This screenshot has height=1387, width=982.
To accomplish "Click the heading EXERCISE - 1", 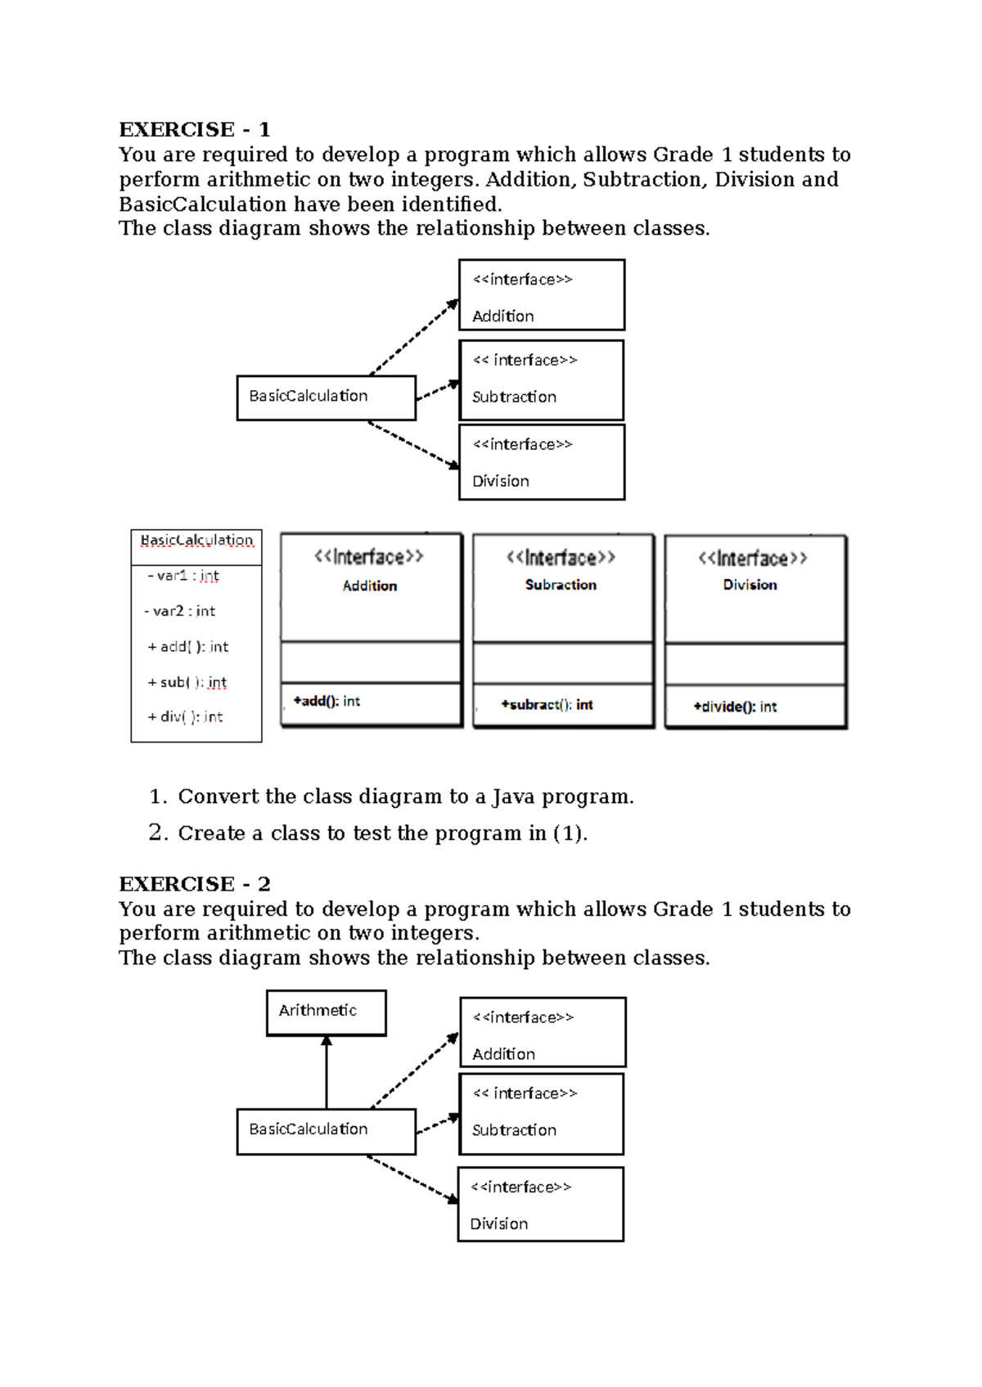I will [x=194, y=130].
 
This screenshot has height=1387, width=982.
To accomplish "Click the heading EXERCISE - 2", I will [x=194, y=884].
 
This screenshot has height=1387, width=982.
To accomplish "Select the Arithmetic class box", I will [x=326, y=1012].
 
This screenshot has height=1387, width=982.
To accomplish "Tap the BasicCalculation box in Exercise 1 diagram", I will [x=326, y=397].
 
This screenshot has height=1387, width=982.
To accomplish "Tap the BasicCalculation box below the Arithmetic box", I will [x=326, y=1130].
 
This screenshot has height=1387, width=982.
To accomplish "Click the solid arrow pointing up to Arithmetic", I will [x=327, y=1071].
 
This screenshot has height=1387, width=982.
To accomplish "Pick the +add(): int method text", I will [x=327, y=702].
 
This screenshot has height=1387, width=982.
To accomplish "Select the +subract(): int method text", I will [x=547, y=705].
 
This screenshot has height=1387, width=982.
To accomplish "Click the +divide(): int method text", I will [x=735, y=707].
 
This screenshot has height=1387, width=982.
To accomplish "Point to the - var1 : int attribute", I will [x=184, y=576].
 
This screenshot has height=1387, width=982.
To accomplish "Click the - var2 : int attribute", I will [x=181, y=611].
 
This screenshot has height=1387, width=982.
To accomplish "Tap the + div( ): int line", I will [x=185, y=717].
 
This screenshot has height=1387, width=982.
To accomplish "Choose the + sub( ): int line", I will [x=187, y=682].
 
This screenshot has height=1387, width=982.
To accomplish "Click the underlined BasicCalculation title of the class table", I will [x=196, y=541].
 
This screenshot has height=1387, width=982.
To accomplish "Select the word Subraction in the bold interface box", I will [x=561, y=585].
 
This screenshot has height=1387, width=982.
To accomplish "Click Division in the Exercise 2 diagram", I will [x=498, y=1224].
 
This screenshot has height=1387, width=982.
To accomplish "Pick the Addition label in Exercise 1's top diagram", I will [x=502, y=316].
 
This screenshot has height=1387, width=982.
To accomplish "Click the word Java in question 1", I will [x=513, y=797].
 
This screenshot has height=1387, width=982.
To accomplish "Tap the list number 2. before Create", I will [x=158, y=833].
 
